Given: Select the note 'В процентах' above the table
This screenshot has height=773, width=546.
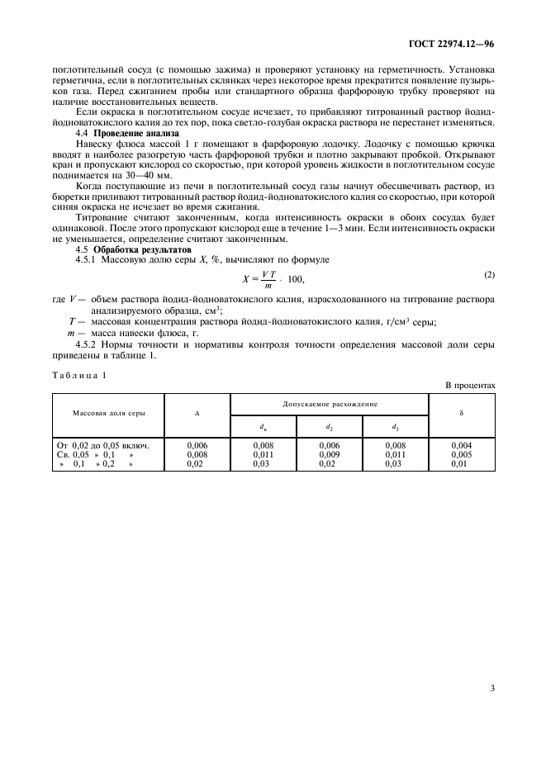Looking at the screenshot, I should pos(470,385).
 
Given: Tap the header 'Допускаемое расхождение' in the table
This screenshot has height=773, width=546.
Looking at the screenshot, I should pos(329,404).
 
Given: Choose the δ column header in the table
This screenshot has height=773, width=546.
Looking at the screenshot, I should pos(461,410).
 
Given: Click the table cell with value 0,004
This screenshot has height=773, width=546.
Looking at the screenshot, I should pos(461,445).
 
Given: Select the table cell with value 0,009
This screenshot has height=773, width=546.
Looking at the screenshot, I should pos(329,454).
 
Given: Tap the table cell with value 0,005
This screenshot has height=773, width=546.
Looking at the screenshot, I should pos(461,454).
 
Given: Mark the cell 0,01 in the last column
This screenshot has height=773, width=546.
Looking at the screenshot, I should pos(461,463).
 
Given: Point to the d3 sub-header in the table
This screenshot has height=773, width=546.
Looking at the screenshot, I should pos(395,426).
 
